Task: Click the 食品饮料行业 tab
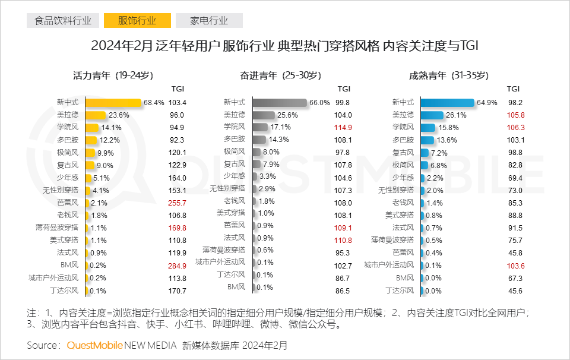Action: pos(63,21)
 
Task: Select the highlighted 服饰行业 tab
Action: pos(137,21)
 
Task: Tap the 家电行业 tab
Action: pos(209,21)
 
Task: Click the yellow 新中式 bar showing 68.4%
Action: pos(113,102)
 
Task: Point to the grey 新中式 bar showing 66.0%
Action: pos(280,102)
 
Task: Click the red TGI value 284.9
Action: pos(178,265)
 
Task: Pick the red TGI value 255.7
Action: pos(178,203)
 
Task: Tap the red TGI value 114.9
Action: pos(344,127)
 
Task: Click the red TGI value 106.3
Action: pos(514,127)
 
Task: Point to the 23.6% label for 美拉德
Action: pos(119,115)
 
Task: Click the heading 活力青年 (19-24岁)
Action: pos(113,75)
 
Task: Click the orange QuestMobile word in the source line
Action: pos(95,345)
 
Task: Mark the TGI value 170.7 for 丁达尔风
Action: pos(178,290)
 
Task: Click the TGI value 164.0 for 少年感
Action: pos(178,178)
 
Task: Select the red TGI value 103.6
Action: pos(514,265)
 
